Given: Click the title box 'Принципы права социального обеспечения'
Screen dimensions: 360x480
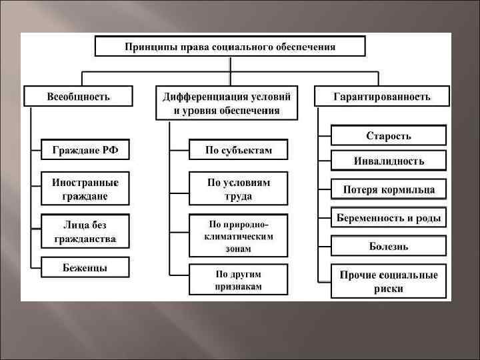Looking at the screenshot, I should [231, 47].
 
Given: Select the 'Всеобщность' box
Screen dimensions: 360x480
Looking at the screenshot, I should [78, 96].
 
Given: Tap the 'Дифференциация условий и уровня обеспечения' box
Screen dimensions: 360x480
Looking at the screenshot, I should [227, 103].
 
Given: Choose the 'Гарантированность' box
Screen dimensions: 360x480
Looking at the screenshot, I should [382, 96].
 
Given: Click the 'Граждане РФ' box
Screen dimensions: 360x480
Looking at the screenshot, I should [85, 149].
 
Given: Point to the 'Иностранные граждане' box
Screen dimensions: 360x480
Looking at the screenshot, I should [85, 189].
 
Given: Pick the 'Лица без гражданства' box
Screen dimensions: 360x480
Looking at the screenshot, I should [85, 231].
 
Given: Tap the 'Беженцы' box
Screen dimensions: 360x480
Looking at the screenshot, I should [85, 267].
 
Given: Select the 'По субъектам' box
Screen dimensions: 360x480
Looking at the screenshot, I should [239, 149].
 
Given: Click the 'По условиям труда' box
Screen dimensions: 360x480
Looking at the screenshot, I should [239, 189].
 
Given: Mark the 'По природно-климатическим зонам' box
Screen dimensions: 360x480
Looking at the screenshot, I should [239, 235].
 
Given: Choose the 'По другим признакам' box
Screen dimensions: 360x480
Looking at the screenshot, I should [239, 279].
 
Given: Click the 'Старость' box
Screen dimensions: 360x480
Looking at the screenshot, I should [389, 136].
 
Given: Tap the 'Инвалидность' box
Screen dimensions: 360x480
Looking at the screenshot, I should [389, 161].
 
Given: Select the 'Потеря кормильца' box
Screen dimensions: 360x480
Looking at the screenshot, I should [389, 189].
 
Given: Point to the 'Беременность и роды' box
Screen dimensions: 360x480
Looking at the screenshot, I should [389, 218].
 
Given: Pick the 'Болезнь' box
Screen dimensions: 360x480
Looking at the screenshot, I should [389, 246].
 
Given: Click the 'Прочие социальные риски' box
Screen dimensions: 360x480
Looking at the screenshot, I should [389, 281].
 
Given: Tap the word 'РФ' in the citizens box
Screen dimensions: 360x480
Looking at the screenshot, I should [111, 149].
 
